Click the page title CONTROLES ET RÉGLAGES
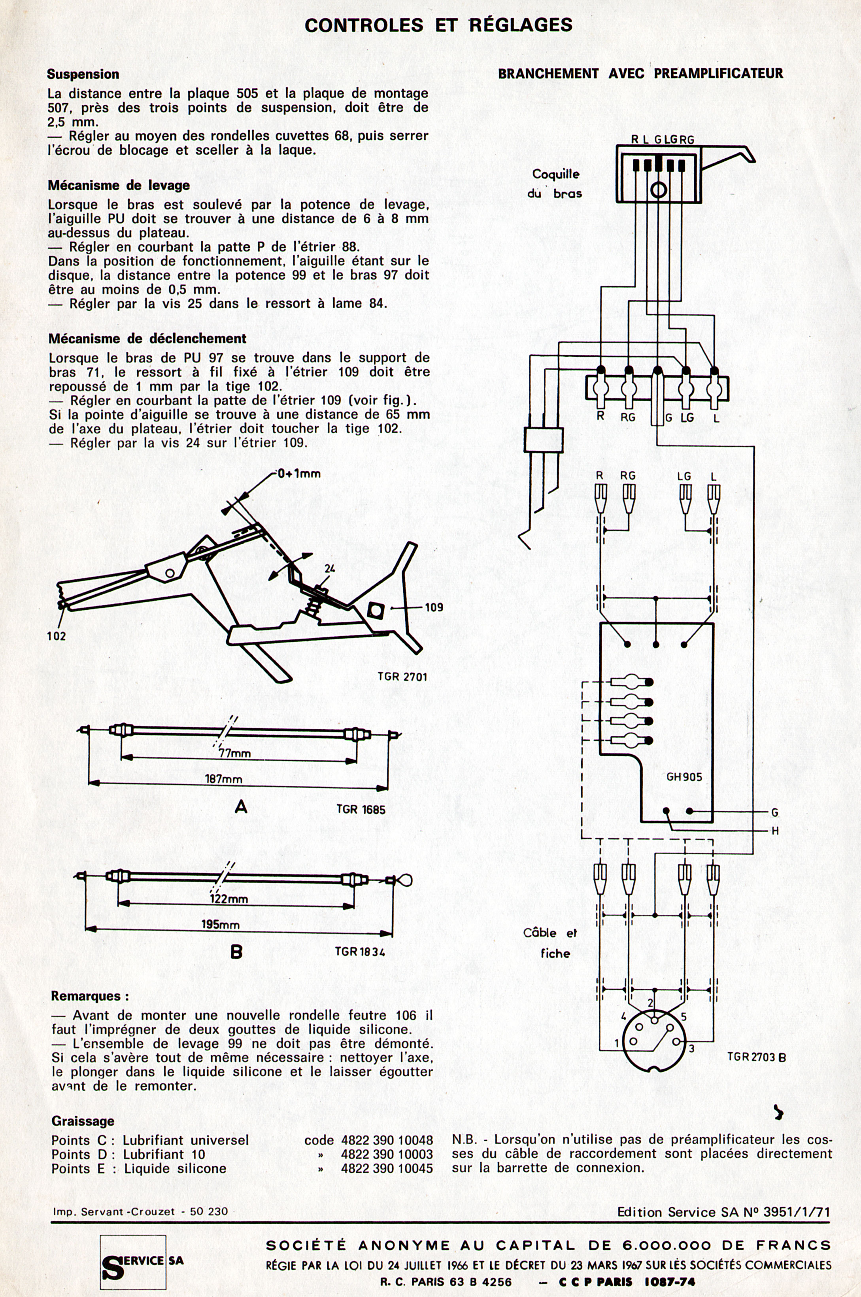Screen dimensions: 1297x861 coord(438,25)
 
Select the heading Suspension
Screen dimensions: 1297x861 coord(83,74)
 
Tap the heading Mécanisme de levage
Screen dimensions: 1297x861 coord(119,185)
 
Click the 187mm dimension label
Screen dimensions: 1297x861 coord(223,779)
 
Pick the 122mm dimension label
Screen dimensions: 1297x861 coord(228,899)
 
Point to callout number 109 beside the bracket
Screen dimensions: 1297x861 coord(433,607)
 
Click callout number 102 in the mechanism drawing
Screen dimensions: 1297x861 coord(57,635)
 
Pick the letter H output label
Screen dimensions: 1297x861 coord(775,831)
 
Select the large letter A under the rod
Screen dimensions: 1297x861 coord(240,807)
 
